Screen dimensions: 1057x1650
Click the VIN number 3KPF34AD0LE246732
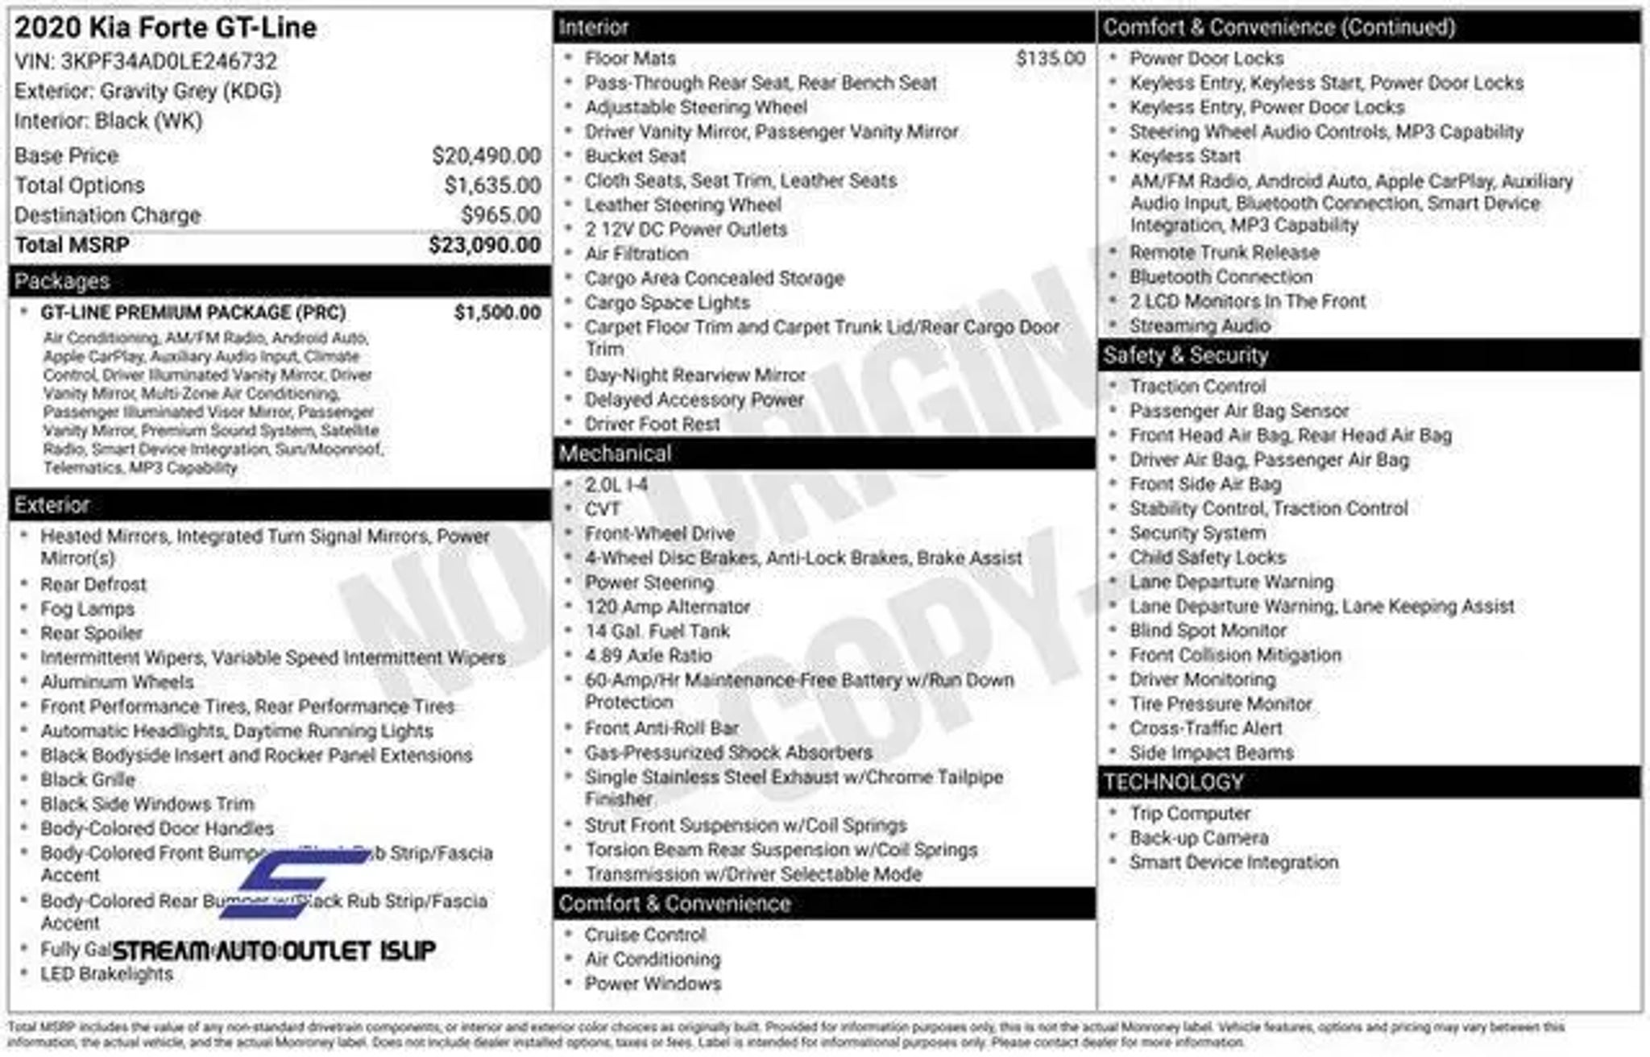pyautogui.click(x=168, y=61)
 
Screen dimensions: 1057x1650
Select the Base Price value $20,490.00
pyautogui.click(x=486, y=155)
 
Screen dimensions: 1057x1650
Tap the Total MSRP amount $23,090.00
pyautogui.click(x=484, y=245)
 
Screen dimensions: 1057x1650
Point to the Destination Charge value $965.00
pyautogui.click(x=500, y=215)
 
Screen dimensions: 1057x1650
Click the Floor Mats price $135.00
pyautogui.click(x=1050, y=58)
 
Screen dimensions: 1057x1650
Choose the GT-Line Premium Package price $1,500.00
pyautogui.click(x=497, y=313)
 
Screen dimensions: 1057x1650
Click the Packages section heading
pyautogui.click(x=62, y=281)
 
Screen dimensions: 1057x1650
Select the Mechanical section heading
pyautogui.click(x=615, y=454)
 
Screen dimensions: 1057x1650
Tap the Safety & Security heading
pyautogui.click(x=1185, y=355)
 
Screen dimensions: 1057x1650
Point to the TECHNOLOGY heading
pyautogui.click(x=1173, y=782)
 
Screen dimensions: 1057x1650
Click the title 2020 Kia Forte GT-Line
pyautogui.click(x=165, y=27)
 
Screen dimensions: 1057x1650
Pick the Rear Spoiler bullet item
pyautogui.click(x=92, y=633)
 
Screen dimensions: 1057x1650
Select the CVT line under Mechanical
pyautogui.click(x=603, y=509)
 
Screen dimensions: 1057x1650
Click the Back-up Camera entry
pyautogui.click(x=1198, y=838)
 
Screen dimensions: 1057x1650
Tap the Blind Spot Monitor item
pyautogui.click(x=1208, y=631)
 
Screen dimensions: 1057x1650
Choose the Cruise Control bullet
pyautogui.click(x=645, y=935)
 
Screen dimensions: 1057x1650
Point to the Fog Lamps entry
pyautogui.click(x=87, y=609)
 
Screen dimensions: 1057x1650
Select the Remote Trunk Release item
pyautogui.click(x=1224, y=252)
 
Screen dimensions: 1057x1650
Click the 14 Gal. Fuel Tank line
pyautogui.click(x=657, y=631)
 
